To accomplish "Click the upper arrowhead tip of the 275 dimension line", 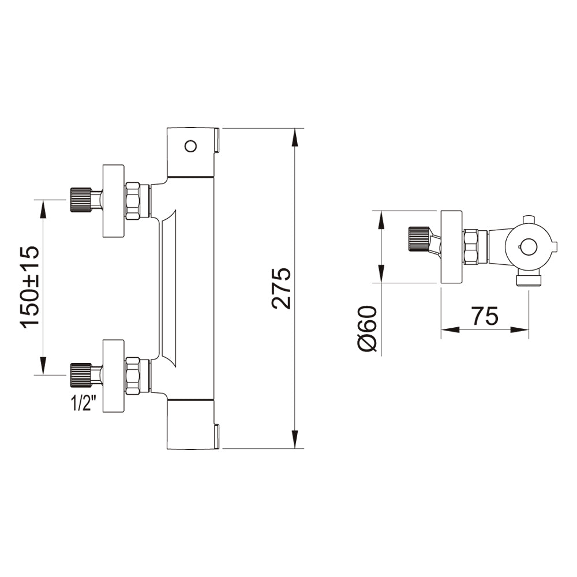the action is (294, 129).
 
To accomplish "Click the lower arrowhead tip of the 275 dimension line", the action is (294, 448).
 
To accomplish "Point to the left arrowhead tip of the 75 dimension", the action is (441, 329).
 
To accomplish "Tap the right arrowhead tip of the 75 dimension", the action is (529, 329).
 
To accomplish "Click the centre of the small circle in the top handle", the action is (190, 146).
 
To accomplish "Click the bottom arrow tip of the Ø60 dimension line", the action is (381, 283).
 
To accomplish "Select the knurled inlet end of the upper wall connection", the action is (81, 200).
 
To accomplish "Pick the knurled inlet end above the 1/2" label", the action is (81, 375).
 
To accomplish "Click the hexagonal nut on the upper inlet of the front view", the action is (133, 201).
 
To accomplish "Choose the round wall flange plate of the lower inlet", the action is (113, 376).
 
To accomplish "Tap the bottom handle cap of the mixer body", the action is (193, 424).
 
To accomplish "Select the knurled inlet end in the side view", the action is (419, 239).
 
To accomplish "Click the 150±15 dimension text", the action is (29, 287).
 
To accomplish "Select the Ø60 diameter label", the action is (367, 329).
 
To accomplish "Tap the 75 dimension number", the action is (485, 316).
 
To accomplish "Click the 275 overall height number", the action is (282, 288).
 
